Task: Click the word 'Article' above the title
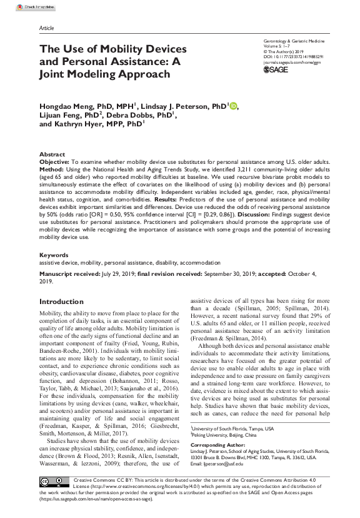(x=46, y=29)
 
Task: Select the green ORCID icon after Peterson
(x=234, y=106)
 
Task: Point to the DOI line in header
(x=294, y=56)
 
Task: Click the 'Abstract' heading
(x=52, y=154)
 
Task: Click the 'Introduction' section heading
(x=61, y=302)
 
